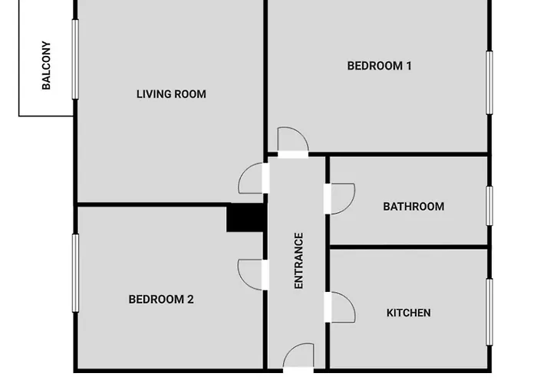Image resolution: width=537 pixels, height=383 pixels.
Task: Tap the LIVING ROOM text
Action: coord(171,94)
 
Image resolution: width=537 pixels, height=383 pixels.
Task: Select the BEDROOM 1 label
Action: coord(379,66)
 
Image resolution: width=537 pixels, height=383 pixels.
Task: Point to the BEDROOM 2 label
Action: coord(161,299)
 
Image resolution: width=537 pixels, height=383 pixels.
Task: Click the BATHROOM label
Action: coord(413,206)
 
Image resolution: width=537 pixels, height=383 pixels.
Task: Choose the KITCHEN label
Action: coord(408,313)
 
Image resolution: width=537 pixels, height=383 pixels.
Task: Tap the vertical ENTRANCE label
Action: coord(299,260)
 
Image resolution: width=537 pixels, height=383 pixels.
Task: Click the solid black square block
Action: coord(246,218)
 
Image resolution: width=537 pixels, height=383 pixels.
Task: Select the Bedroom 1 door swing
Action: coord(293,140)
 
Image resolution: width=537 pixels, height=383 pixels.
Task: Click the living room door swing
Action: coord(252,178)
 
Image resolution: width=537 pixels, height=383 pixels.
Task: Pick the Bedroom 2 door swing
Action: coord(252,274)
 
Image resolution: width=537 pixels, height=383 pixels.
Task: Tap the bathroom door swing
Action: coord(341,198)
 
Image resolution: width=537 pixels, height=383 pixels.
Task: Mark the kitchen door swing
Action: coord(341,306)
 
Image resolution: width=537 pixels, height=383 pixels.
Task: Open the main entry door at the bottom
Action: coord(298,357)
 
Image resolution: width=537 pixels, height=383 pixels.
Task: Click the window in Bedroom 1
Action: coord(489,83)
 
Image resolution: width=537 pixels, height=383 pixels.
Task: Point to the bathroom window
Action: coord(489,206)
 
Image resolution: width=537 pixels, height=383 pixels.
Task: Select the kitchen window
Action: coord(489,312)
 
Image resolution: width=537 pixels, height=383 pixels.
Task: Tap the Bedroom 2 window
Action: coord(75,273)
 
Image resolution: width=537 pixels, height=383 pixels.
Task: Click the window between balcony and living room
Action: coord(75,59)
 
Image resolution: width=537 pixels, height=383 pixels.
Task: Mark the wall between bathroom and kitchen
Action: coord(408,247)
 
